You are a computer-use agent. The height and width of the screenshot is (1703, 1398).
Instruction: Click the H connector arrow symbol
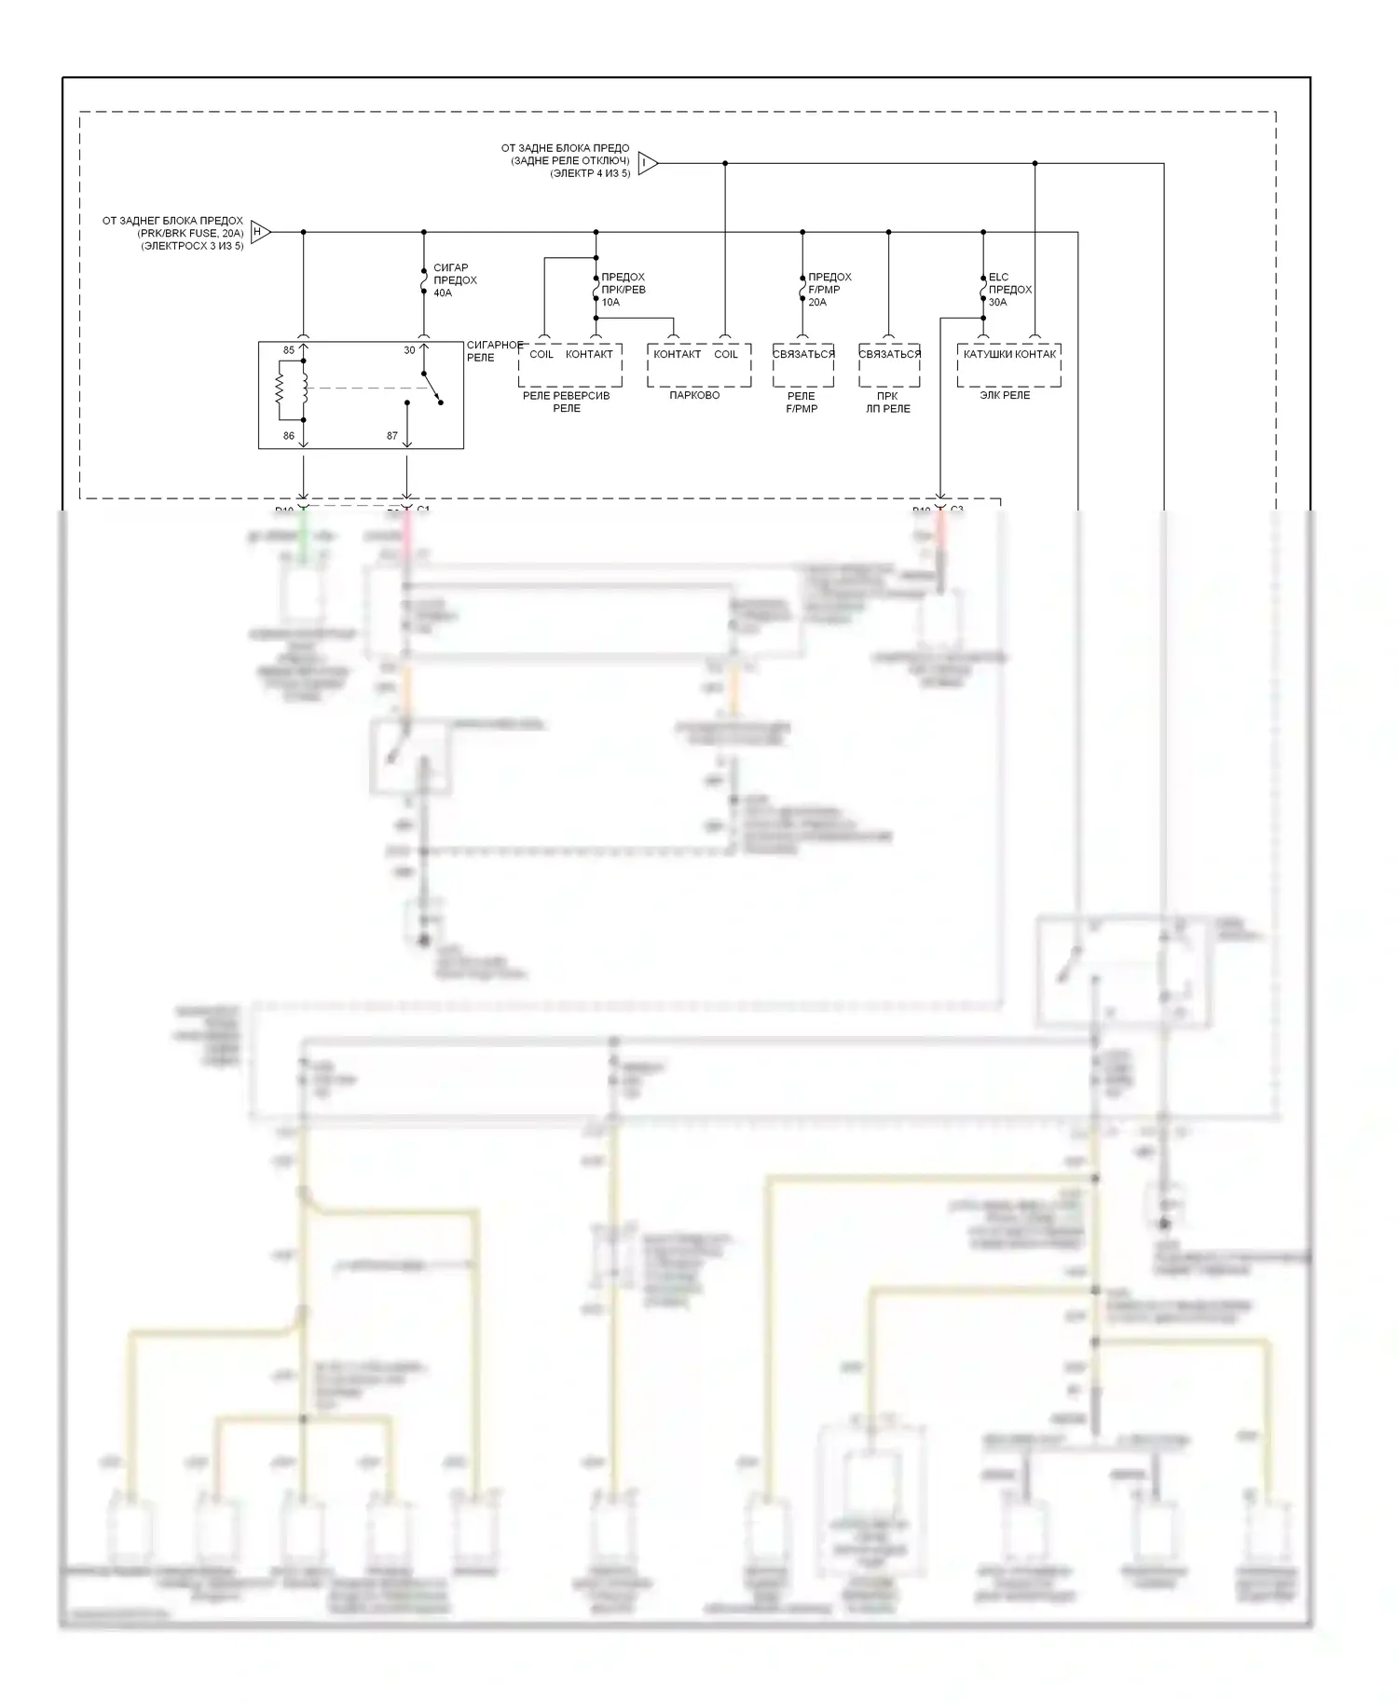(260, 232)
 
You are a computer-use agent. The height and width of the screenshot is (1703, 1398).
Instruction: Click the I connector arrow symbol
(648, 164)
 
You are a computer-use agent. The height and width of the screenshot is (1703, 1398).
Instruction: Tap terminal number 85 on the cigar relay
(289, 351)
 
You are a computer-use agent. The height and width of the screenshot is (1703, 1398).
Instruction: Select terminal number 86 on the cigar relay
(289, 435)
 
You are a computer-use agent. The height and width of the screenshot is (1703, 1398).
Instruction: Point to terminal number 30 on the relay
(409, 351)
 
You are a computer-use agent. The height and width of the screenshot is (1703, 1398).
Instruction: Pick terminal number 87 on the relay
(392, 435)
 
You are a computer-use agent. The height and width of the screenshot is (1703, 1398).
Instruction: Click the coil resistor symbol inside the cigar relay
(279, 389)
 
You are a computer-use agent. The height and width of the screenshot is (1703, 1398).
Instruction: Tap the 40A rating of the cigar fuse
(443, 293)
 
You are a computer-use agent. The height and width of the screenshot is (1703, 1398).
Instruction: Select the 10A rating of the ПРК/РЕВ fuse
(610, 302)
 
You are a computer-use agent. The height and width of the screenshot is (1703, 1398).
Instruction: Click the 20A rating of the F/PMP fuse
(817, 302)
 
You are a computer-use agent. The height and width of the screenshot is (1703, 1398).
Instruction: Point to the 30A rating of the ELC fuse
(998, 302)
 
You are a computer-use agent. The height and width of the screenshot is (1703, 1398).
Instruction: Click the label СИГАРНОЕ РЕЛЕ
(494, 351)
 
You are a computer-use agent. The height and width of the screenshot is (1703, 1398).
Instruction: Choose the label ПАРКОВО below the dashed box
(694, 395)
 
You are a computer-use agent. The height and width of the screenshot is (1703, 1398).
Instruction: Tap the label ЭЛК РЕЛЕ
(1005, 395)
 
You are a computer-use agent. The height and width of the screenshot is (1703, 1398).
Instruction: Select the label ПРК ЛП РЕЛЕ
(887, 402)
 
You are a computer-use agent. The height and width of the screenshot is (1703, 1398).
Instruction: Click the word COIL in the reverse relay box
(541, 354)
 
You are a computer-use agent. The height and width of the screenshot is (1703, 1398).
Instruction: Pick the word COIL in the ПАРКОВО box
(726, 354)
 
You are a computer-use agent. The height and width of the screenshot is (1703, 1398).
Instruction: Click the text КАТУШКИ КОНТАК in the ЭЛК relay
(1009, 354)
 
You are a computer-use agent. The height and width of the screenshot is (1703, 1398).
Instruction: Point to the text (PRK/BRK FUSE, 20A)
(190, 234)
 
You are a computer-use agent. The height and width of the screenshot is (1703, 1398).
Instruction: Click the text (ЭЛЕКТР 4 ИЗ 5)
(589, 173)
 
